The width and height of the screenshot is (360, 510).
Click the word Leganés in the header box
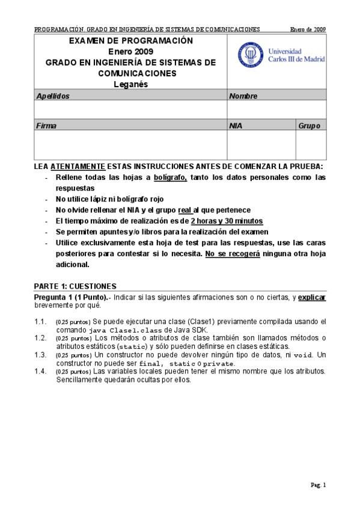130,84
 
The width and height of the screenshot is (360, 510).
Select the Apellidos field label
53,96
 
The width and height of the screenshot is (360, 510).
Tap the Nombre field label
243,96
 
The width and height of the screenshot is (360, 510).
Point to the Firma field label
46,126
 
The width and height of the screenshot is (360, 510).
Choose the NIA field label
236,126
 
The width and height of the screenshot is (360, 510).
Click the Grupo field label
309,126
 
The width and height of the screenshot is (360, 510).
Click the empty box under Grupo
311,145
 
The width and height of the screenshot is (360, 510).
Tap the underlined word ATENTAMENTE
78,166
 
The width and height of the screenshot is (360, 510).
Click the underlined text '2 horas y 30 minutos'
227,221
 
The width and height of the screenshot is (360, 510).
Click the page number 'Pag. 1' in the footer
318,485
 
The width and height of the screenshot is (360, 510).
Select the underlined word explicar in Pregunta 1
312,298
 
